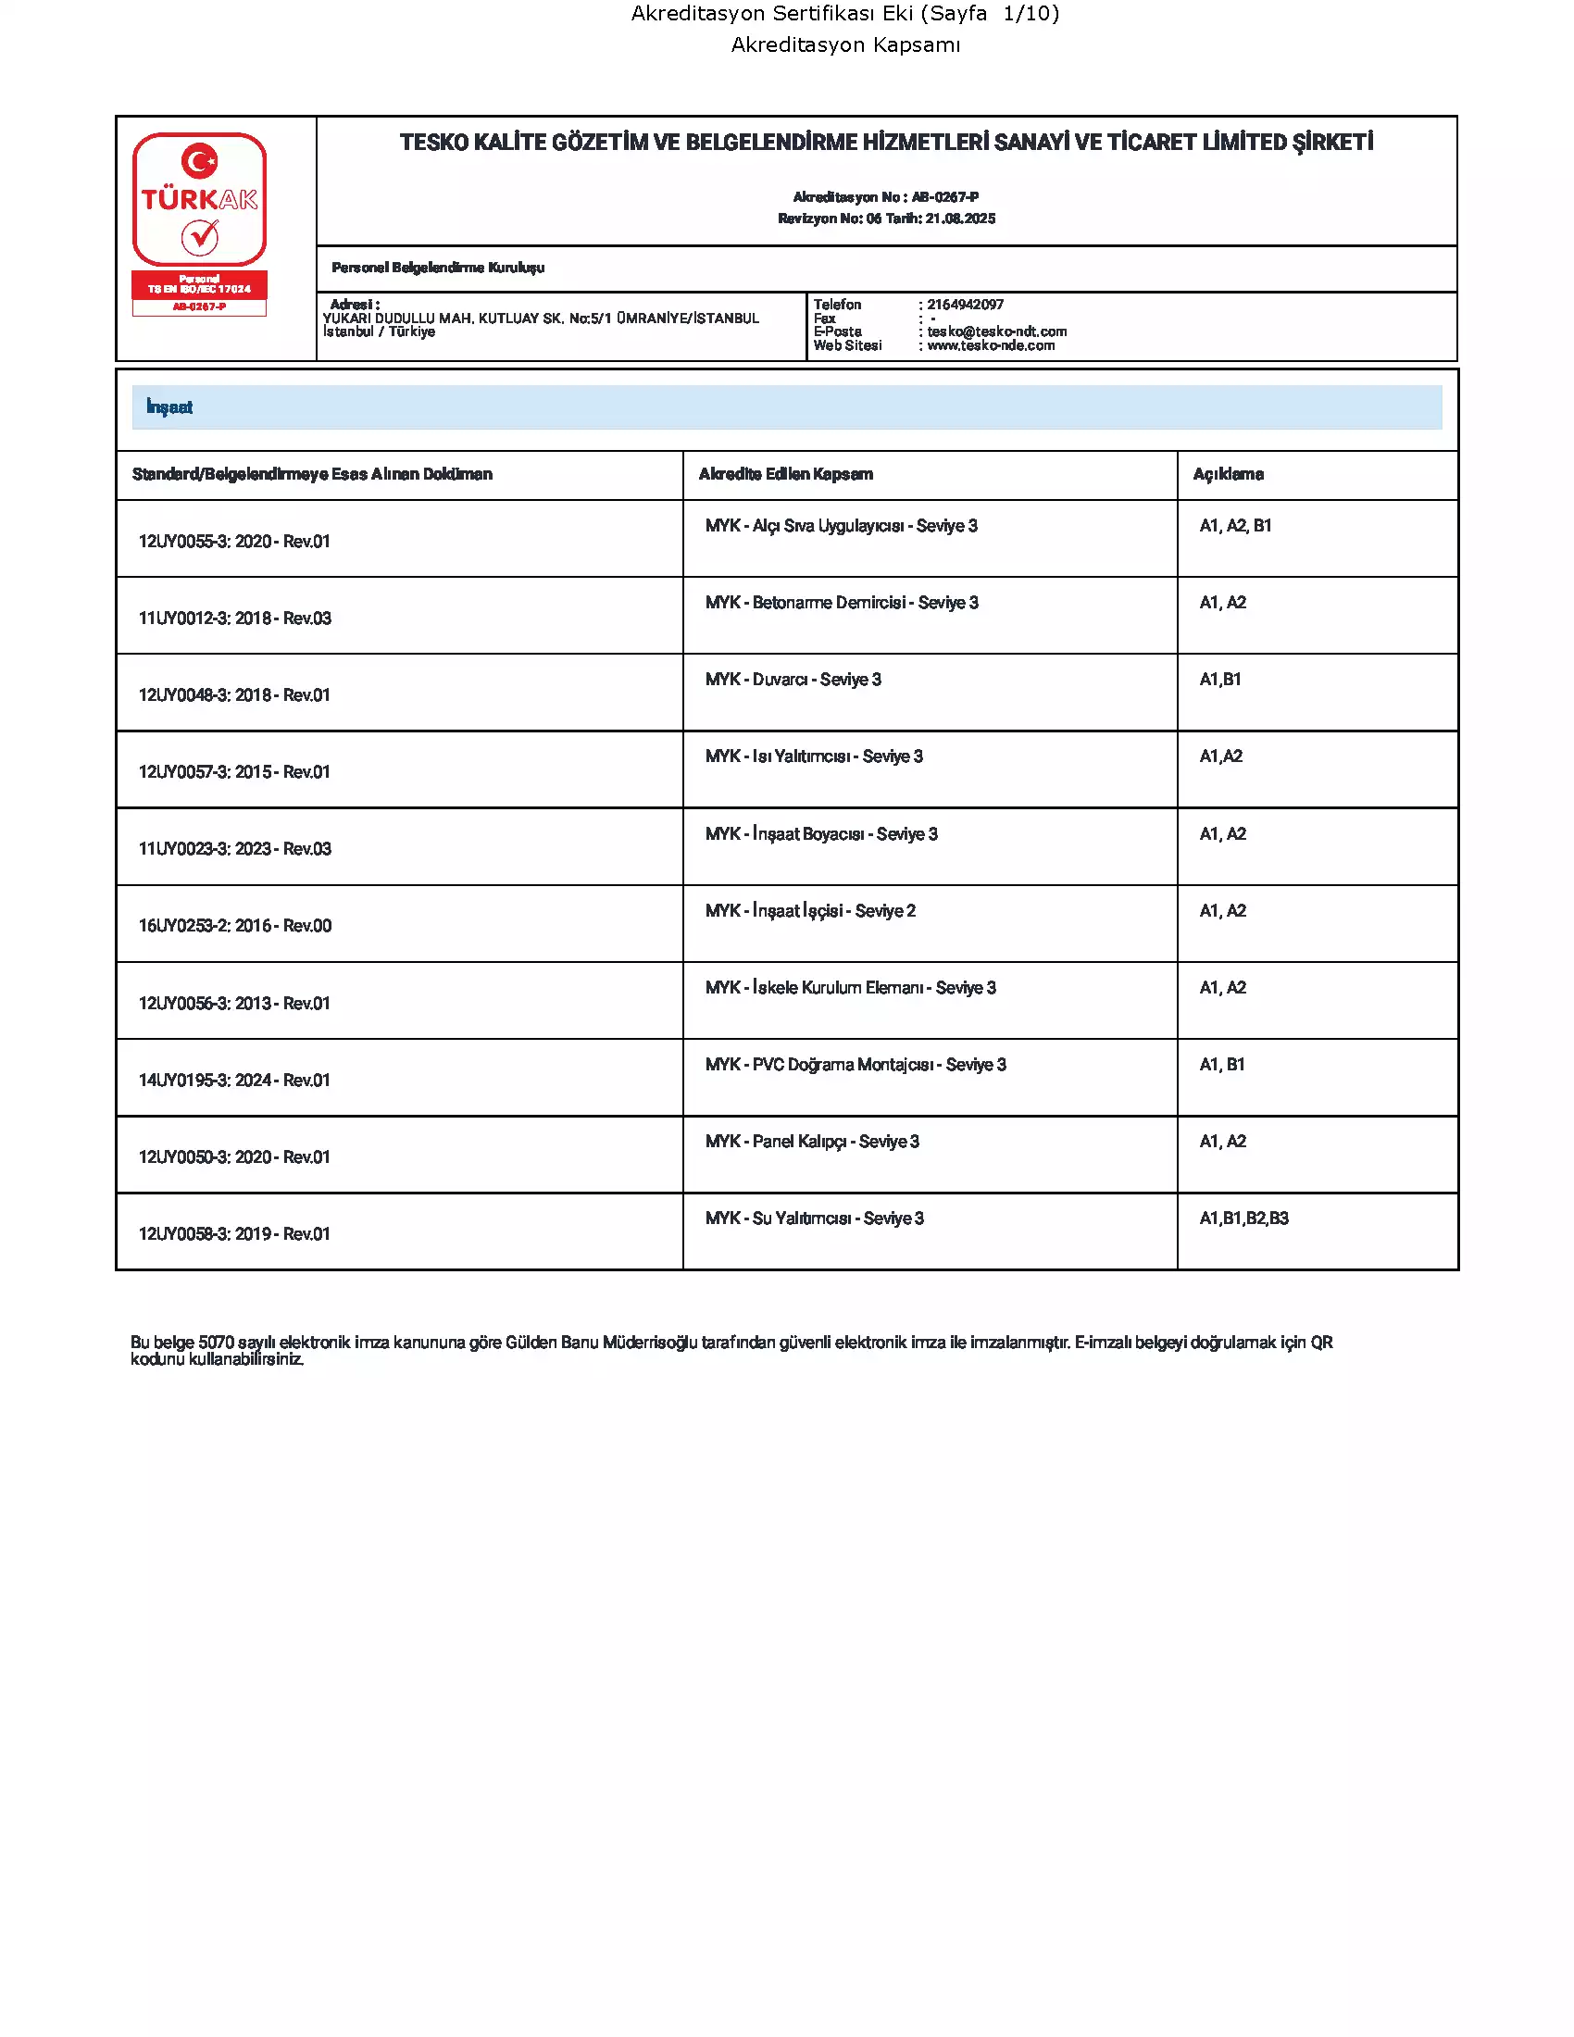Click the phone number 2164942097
[965, 305]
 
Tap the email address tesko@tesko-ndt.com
[997, 332]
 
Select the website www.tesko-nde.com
[991, 346]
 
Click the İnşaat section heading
[169, 407]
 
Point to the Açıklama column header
[1228, 475]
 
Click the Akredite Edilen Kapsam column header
[785, 475]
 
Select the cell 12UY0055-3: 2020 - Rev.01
[234, 542]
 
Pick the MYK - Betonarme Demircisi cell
[841, 604]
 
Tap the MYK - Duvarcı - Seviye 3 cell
[793, 680]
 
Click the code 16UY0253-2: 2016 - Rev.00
[235, 926]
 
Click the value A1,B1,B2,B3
[1243, 1219]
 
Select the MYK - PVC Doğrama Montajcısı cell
[856, 1065]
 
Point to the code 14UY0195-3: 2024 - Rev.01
[234, 1081]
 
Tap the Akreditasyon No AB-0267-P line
[885, 198]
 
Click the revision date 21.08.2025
[960, 219]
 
